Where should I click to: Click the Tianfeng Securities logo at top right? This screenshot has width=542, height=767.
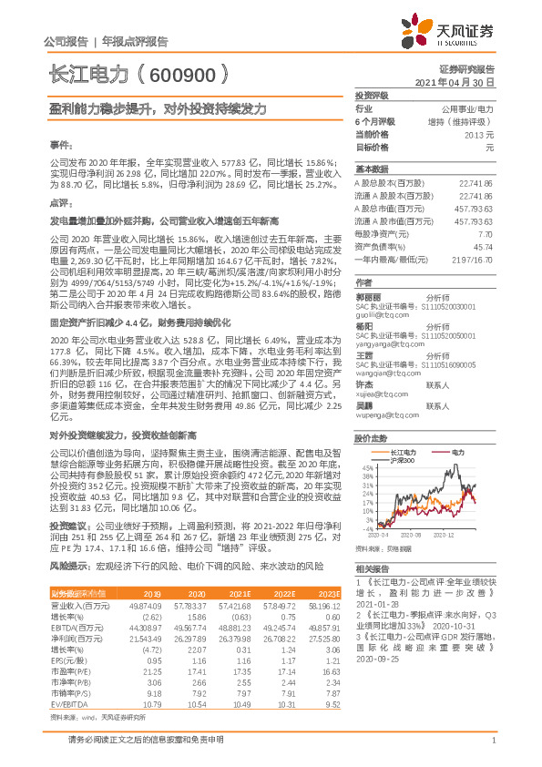[x=453, y=33]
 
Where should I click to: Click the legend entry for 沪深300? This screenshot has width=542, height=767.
[x=404, y=462]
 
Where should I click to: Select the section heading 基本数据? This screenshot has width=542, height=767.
[x=371, y=169]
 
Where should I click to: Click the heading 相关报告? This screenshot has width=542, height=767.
[x=371, y=568]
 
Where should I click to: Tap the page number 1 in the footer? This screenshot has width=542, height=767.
[x=492, y=750]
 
